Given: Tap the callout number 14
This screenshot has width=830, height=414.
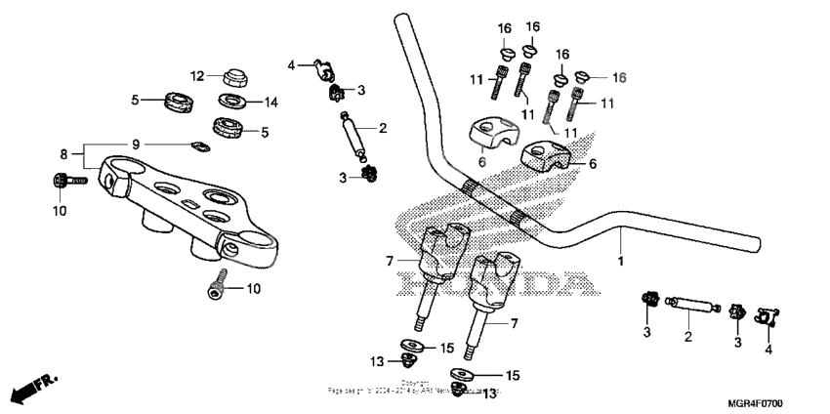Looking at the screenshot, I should (x=270, y=101).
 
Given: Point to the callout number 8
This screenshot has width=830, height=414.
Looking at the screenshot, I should (x=64, y=153).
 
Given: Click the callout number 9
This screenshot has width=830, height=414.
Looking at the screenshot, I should (x=136, y=144).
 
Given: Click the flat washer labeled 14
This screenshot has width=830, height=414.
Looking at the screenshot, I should (x=232, y=101).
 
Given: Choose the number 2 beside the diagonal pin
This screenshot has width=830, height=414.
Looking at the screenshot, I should (x=383, y=128).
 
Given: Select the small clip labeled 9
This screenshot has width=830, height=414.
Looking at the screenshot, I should (x=201, y=147).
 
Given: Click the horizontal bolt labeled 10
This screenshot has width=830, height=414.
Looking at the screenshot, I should (x=65, y=180).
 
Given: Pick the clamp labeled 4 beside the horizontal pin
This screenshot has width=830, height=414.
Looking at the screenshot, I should (x=767, y=316).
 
